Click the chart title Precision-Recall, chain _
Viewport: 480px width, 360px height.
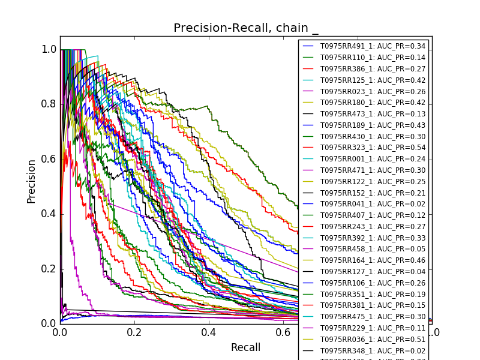coord(246,28)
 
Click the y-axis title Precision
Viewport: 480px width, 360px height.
coord(31,181)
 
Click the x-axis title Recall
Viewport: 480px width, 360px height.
coord(246,347)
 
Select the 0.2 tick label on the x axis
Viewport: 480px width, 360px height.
coord(134,332)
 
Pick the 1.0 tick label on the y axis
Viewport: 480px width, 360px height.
coord(49,49)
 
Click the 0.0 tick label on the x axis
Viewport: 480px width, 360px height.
coord(60,332)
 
